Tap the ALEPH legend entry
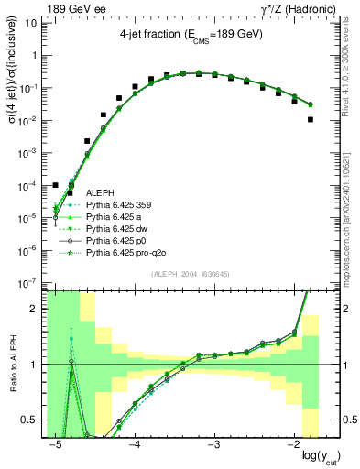click(100, 193)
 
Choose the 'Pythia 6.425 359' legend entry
click(121, 205)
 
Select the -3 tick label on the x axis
click(213, 444)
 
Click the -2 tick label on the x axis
click(292, 444)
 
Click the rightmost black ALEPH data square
click(311, 119)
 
